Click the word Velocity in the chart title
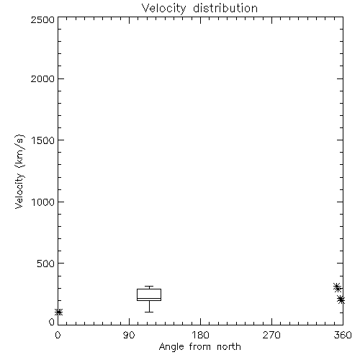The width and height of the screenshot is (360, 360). pyautogui.click(x=163, y=9)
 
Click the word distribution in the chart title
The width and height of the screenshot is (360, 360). pyautogui.click(x=225, y=8)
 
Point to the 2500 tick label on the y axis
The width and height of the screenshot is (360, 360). pyautogui.click(x=42, y=19)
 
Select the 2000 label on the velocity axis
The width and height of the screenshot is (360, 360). pyautogui.click(x=42, y=78)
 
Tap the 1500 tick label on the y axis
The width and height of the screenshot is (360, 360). pyautogui.click(x=43, y=140)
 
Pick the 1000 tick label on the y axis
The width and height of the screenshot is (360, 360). pyautogui.click(x=43, y=202)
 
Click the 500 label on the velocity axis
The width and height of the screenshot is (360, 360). pyautogui.click(x=46, y=264)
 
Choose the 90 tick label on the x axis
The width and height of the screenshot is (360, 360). pyautogui.click(x=129, y=335)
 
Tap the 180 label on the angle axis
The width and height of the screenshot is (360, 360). pyautogui.click(x=200, y=335)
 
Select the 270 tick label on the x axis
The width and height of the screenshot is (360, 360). pyautogui.click(x=271, y=335)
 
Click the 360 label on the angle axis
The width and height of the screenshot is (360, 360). pyautogui.click(x=343, y=335)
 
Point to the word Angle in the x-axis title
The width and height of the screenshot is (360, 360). pyautogui.click(x=171, y=347)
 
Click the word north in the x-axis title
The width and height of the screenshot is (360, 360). pyautogui.click(x=229, y=346)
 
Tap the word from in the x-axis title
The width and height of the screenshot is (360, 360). pyautogui.click(x=201, y=346)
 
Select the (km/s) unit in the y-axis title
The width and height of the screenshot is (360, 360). pyautogui.click(x=19, y=151)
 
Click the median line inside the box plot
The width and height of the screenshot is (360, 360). pyautogui.click(x=149, y=298)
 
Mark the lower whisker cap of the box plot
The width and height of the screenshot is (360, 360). pyautogui.click(x=149, y=312)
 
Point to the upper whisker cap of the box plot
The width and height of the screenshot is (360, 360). pyautogui.click(x=149, y=287)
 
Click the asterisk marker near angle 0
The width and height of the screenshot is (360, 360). pyautogui.click(x=59, y=312)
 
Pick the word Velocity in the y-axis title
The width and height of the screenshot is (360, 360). pyautogui.click(x=19, y=191)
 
